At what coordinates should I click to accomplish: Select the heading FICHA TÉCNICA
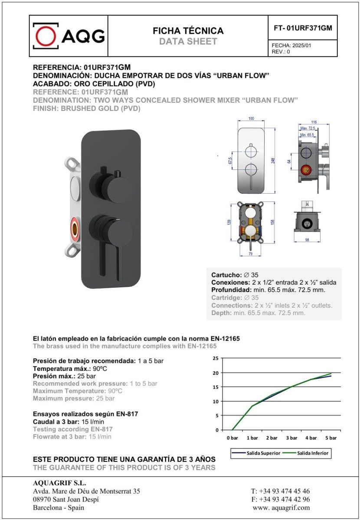point(188,31)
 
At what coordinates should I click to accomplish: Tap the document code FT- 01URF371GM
point(303,28)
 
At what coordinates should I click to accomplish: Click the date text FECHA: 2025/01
point(291,45)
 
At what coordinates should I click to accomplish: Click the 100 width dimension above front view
point(251,119)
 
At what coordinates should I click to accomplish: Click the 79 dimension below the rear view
point(250,254)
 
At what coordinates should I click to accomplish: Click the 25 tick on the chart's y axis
point(216,358)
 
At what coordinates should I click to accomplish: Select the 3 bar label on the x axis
point(291,438)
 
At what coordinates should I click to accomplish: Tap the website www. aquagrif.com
point(281,507)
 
